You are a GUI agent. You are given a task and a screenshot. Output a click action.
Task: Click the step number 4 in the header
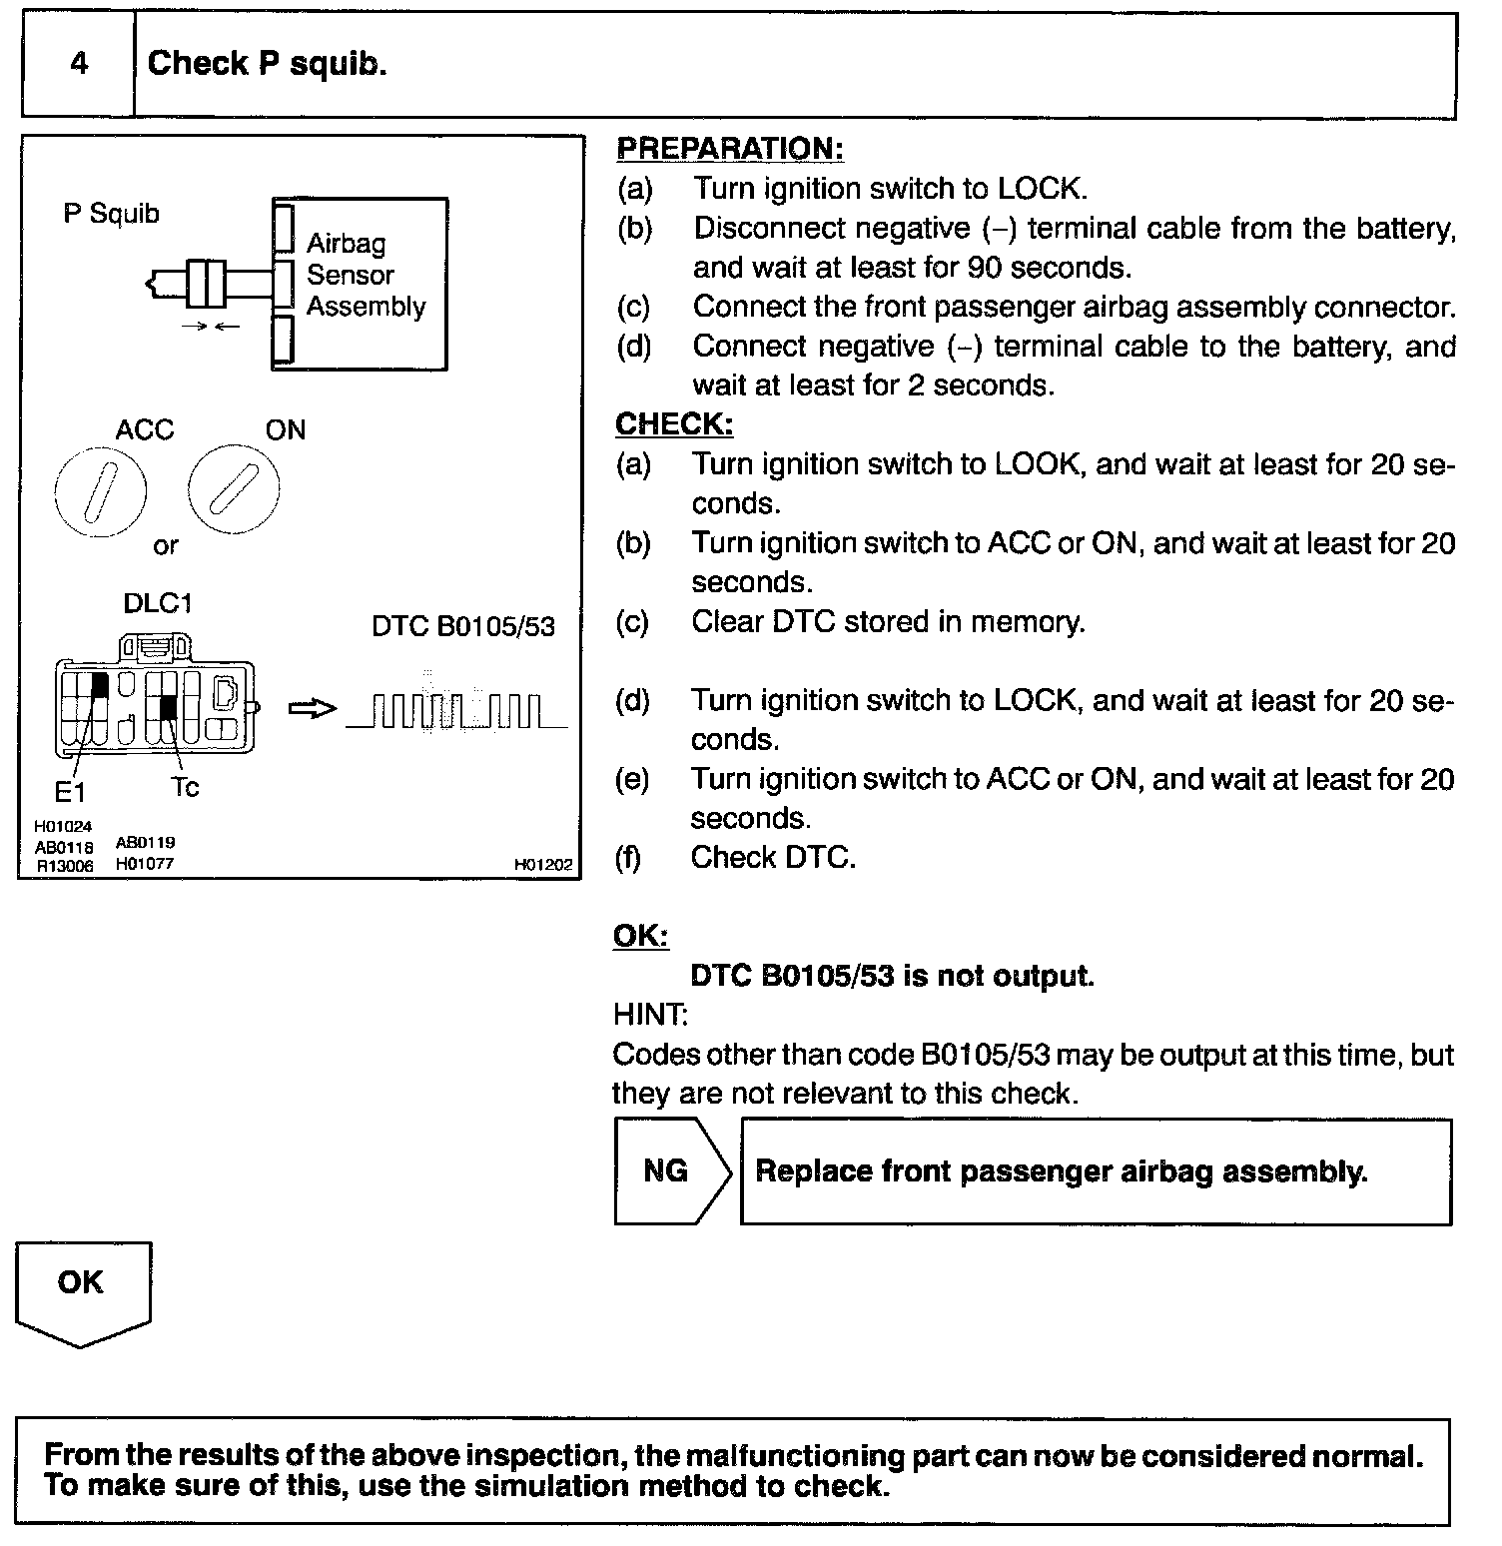pos(79,64)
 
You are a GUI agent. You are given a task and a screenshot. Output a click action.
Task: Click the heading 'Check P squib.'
pos(267,64)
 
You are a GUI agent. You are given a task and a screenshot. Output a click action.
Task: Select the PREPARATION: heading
pos(729,149)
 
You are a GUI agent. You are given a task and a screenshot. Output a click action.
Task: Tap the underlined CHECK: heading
pos(674,424)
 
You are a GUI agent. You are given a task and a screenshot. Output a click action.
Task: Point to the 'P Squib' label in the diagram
pos(111,214)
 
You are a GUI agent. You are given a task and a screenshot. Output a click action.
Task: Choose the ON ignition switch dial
pos(234,490)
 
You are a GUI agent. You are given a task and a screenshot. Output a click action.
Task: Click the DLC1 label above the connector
pos(157,603)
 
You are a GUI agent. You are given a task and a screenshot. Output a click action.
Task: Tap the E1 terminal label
pos(70,793)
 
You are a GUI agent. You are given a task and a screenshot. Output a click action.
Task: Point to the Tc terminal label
pos(185,788)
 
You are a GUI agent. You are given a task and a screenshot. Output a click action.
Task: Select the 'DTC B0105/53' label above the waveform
pos(462,626)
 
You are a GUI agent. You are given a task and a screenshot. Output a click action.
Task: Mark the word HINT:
pos(649,1015)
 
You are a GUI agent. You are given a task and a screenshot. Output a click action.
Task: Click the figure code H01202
pos(544,865)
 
